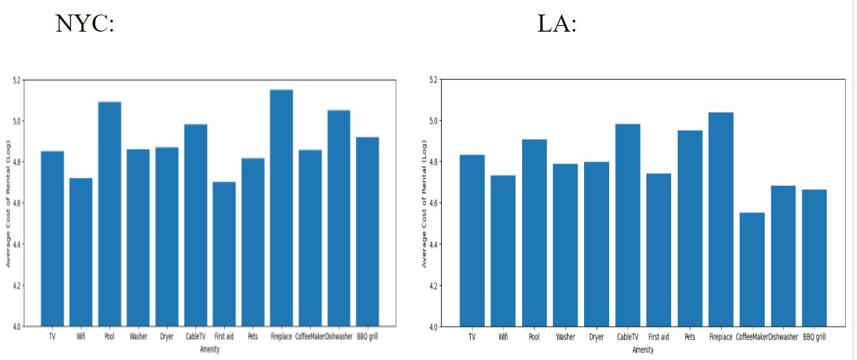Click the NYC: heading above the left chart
(x=85, y=24)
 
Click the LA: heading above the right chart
(x=557, y=24)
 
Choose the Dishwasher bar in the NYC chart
(x=339, y=218)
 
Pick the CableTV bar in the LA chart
(x=628, y=225)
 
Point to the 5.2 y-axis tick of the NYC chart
(x=16, y=80)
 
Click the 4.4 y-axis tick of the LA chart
(x=432, y=245)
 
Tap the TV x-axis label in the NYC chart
(x=52, y=336)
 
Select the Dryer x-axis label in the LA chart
(x=596, y=337)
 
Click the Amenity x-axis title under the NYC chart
(x=210, y=349)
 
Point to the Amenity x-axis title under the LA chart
(x=643, y=350)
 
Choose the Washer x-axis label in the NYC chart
(x=138, y=336)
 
